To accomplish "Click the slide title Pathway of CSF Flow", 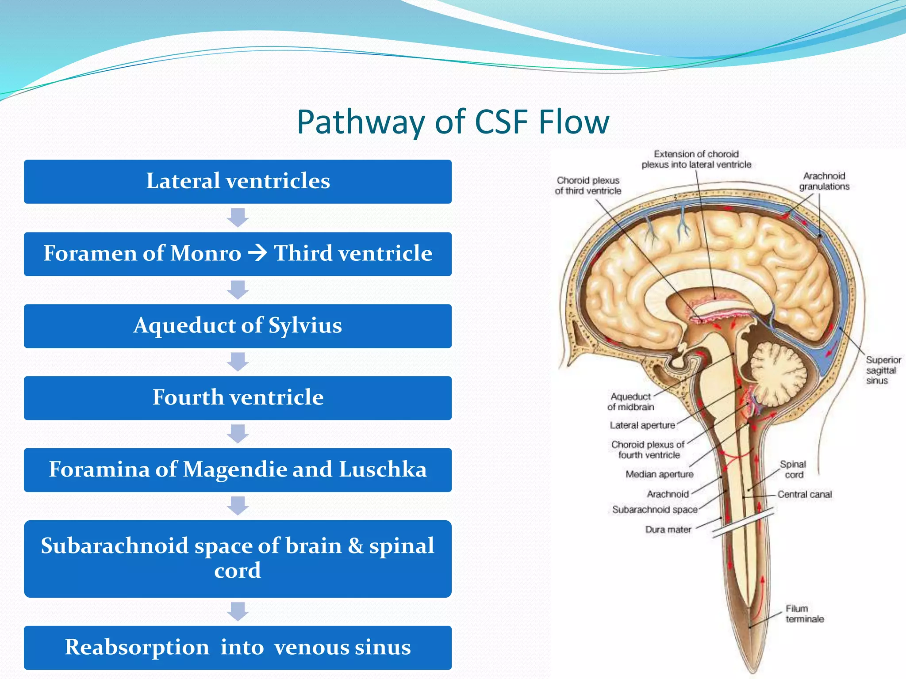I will click(x=453, y=122).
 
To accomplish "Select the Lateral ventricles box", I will click(x=238, y=181).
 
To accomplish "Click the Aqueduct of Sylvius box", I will click(x=238, y=326).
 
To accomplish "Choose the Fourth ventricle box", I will click(x=238, y=397).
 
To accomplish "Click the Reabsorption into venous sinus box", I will click(x=238, y=647).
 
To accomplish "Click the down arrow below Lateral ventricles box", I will click(x=238, y=217).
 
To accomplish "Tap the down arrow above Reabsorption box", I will click(x=238, y=611).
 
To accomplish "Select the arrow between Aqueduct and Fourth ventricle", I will click(x=238, y=362).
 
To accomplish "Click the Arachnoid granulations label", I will click(x=824, y=181).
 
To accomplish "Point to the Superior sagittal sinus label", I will click(x=882, y=370).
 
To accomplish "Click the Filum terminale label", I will click(x=804, y=614).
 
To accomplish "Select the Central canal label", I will click(x=804, y=494).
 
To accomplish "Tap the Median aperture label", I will click(x=659, y=474).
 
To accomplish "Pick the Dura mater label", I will click(x=668, y=530).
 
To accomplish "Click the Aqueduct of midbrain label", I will click(x=630, y=401).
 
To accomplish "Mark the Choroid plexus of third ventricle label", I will click(x=588, y=186).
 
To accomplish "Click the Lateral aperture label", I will click(x=642, y=425).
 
